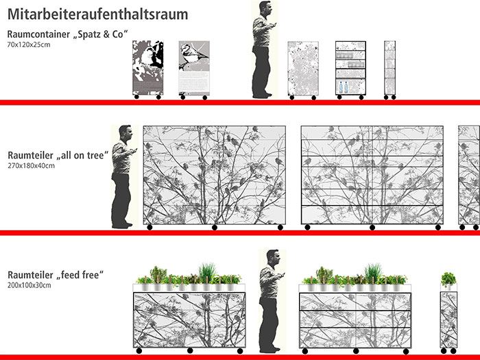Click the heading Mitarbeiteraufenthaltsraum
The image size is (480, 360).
pyautogui.click(x=97, y=14)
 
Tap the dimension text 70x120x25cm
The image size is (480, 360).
pyautogui.click(x=29, y=45)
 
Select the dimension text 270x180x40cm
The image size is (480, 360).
pyautogui.click(x=32, y=166)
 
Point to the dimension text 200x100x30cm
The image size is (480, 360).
pyautogui.click(x=29, y=285)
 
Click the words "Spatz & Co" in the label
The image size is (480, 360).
pyautogui.click(x=100, y=34)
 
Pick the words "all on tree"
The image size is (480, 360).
pyautogui.click(x=83, y=155)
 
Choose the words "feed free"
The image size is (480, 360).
pyautogui.click(x=80, y=274)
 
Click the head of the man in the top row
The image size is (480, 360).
pyautogui.click(x=265, y=8)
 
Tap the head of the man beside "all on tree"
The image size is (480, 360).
pyautogui.click(x=125, y=133)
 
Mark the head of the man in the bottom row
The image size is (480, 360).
pyautogui.click(x=273, y=258)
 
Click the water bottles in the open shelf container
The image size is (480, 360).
pyautogui.click(x=344, y=87)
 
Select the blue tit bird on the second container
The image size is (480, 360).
pyautogui.click(x=191, y=55)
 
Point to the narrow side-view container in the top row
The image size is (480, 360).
pyautogui.click(x=389, y=69)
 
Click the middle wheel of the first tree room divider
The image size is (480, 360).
pyautogui.click(x=215, y=227)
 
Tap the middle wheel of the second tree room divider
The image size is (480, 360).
pyautogui.click(x=372, y=227)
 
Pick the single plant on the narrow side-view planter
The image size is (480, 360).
pyautogui.click(x=448, y=279)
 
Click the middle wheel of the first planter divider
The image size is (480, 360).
pyautogui.click(x=190, y=350)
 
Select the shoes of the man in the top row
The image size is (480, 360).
pyautogui.click(x=263, y=95)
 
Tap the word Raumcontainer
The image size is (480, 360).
pyautogui.click(x=38, y=34)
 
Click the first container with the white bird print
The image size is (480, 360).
pyautogui.click(x=148, y=68)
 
